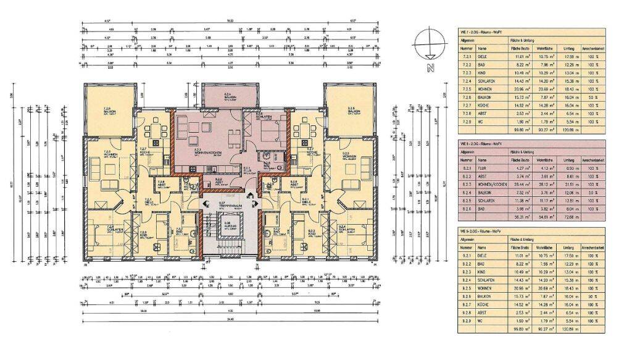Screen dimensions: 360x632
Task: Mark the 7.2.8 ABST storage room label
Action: (x=161, y=183)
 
